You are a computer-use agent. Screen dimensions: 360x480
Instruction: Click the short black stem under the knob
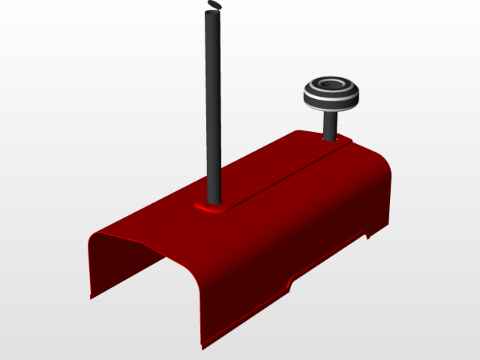coord(329,124)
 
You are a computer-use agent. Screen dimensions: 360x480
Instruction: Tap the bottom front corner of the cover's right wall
coord(202,347)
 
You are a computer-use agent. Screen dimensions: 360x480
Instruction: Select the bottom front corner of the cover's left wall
coord(91,297)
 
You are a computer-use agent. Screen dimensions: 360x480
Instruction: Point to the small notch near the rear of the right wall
coord(367,237)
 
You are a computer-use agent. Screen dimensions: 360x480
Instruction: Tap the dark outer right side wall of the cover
coord(300,247)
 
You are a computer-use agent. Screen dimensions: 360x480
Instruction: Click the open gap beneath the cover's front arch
coord(150,292)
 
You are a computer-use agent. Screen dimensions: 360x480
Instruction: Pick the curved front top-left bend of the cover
coord(94,238)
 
